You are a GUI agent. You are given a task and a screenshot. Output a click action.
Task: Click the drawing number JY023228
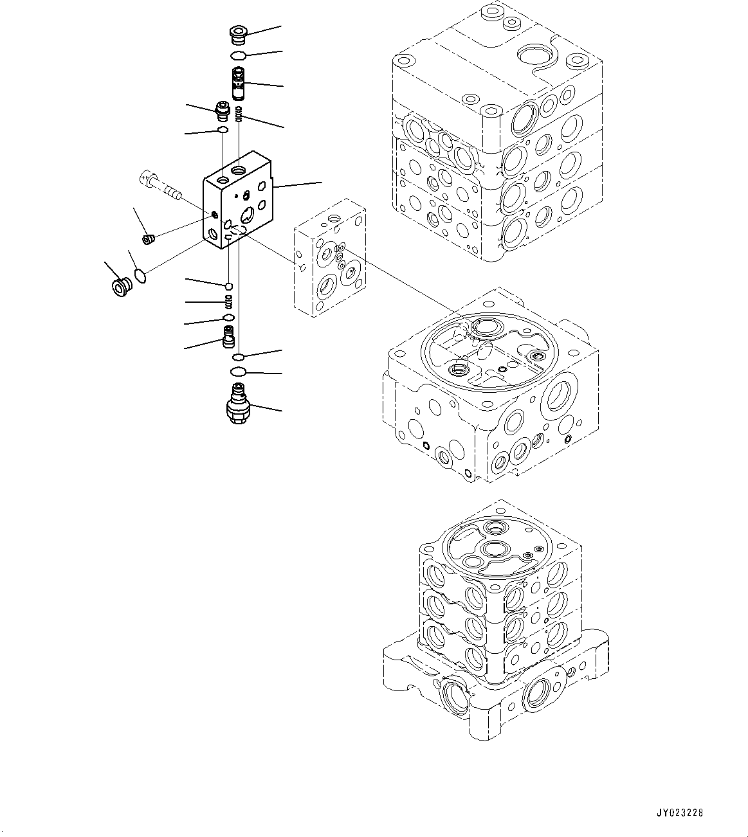point(680,813)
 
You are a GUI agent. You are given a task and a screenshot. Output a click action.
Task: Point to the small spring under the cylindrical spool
point(239,115)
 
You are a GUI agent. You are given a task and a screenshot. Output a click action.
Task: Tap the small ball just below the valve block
point(228,286)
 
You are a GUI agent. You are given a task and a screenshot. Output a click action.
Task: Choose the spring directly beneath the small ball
point(228,301)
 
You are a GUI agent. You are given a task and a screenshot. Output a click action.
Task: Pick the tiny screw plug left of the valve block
point(148,240)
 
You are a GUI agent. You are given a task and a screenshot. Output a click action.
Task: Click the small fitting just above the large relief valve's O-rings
point(228,336)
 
